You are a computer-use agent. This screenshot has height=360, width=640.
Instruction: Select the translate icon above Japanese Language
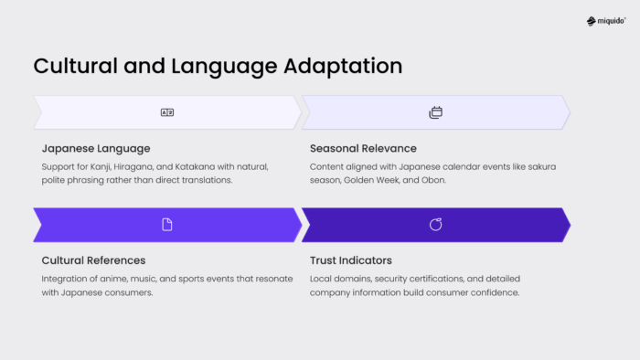point(167,112)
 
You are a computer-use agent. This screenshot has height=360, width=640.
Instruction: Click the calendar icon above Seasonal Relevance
point(436,112)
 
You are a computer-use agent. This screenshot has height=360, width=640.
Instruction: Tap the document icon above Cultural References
point(167,225)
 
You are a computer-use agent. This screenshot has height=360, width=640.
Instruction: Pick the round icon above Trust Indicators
point(436,225)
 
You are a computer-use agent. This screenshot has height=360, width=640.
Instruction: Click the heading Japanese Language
point(96,148)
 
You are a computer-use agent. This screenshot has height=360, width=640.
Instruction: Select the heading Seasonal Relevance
point(363,148)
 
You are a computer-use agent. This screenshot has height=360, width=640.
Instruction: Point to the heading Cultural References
point(93,260)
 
